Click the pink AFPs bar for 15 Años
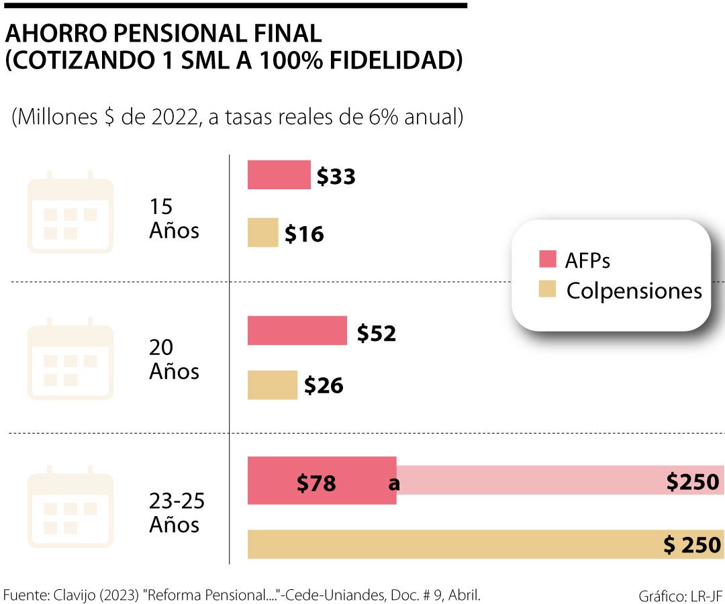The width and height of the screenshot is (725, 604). (x=279, y=175)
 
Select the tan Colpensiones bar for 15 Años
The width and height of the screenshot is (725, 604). (x=262, y=233)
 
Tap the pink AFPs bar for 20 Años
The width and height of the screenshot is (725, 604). (x=297, y=331)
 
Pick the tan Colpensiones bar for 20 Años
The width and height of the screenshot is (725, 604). (x=272, y=385)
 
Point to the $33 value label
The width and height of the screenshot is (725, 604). (x=336, y=177)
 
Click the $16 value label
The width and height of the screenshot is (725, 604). (x=304, y=234)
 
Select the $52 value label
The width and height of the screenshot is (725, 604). (x=376, y=333)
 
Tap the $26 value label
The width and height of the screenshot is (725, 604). (x=324, y=386)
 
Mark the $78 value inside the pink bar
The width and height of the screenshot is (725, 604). (x=316, y=483)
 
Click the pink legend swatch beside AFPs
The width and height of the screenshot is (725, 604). (x=548, y=260)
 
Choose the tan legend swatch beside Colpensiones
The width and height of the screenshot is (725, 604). (x=548, y=291)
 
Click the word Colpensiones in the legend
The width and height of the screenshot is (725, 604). (x=634, y=291)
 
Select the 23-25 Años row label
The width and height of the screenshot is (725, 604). (x=177, y=512)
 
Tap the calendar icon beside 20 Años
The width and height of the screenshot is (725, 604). (x=70, y=359)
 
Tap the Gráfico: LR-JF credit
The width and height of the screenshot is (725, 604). (x=681, y=595)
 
